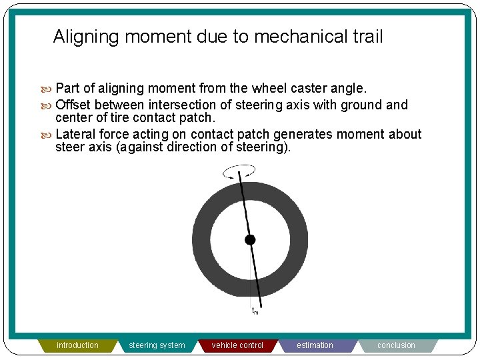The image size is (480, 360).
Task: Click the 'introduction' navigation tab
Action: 77,345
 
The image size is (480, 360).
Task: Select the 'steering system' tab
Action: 157,345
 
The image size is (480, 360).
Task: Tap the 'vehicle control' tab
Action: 237,345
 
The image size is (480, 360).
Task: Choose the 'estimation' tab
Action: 315,345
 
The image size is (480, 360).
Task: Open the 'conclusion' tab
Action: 396,345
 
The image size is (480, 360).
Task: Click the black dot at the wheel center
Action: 250,240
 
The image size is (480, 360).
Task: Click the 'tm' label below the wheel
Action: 255,310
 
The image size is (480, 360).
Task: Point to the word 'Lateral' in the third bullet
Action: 75,134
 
